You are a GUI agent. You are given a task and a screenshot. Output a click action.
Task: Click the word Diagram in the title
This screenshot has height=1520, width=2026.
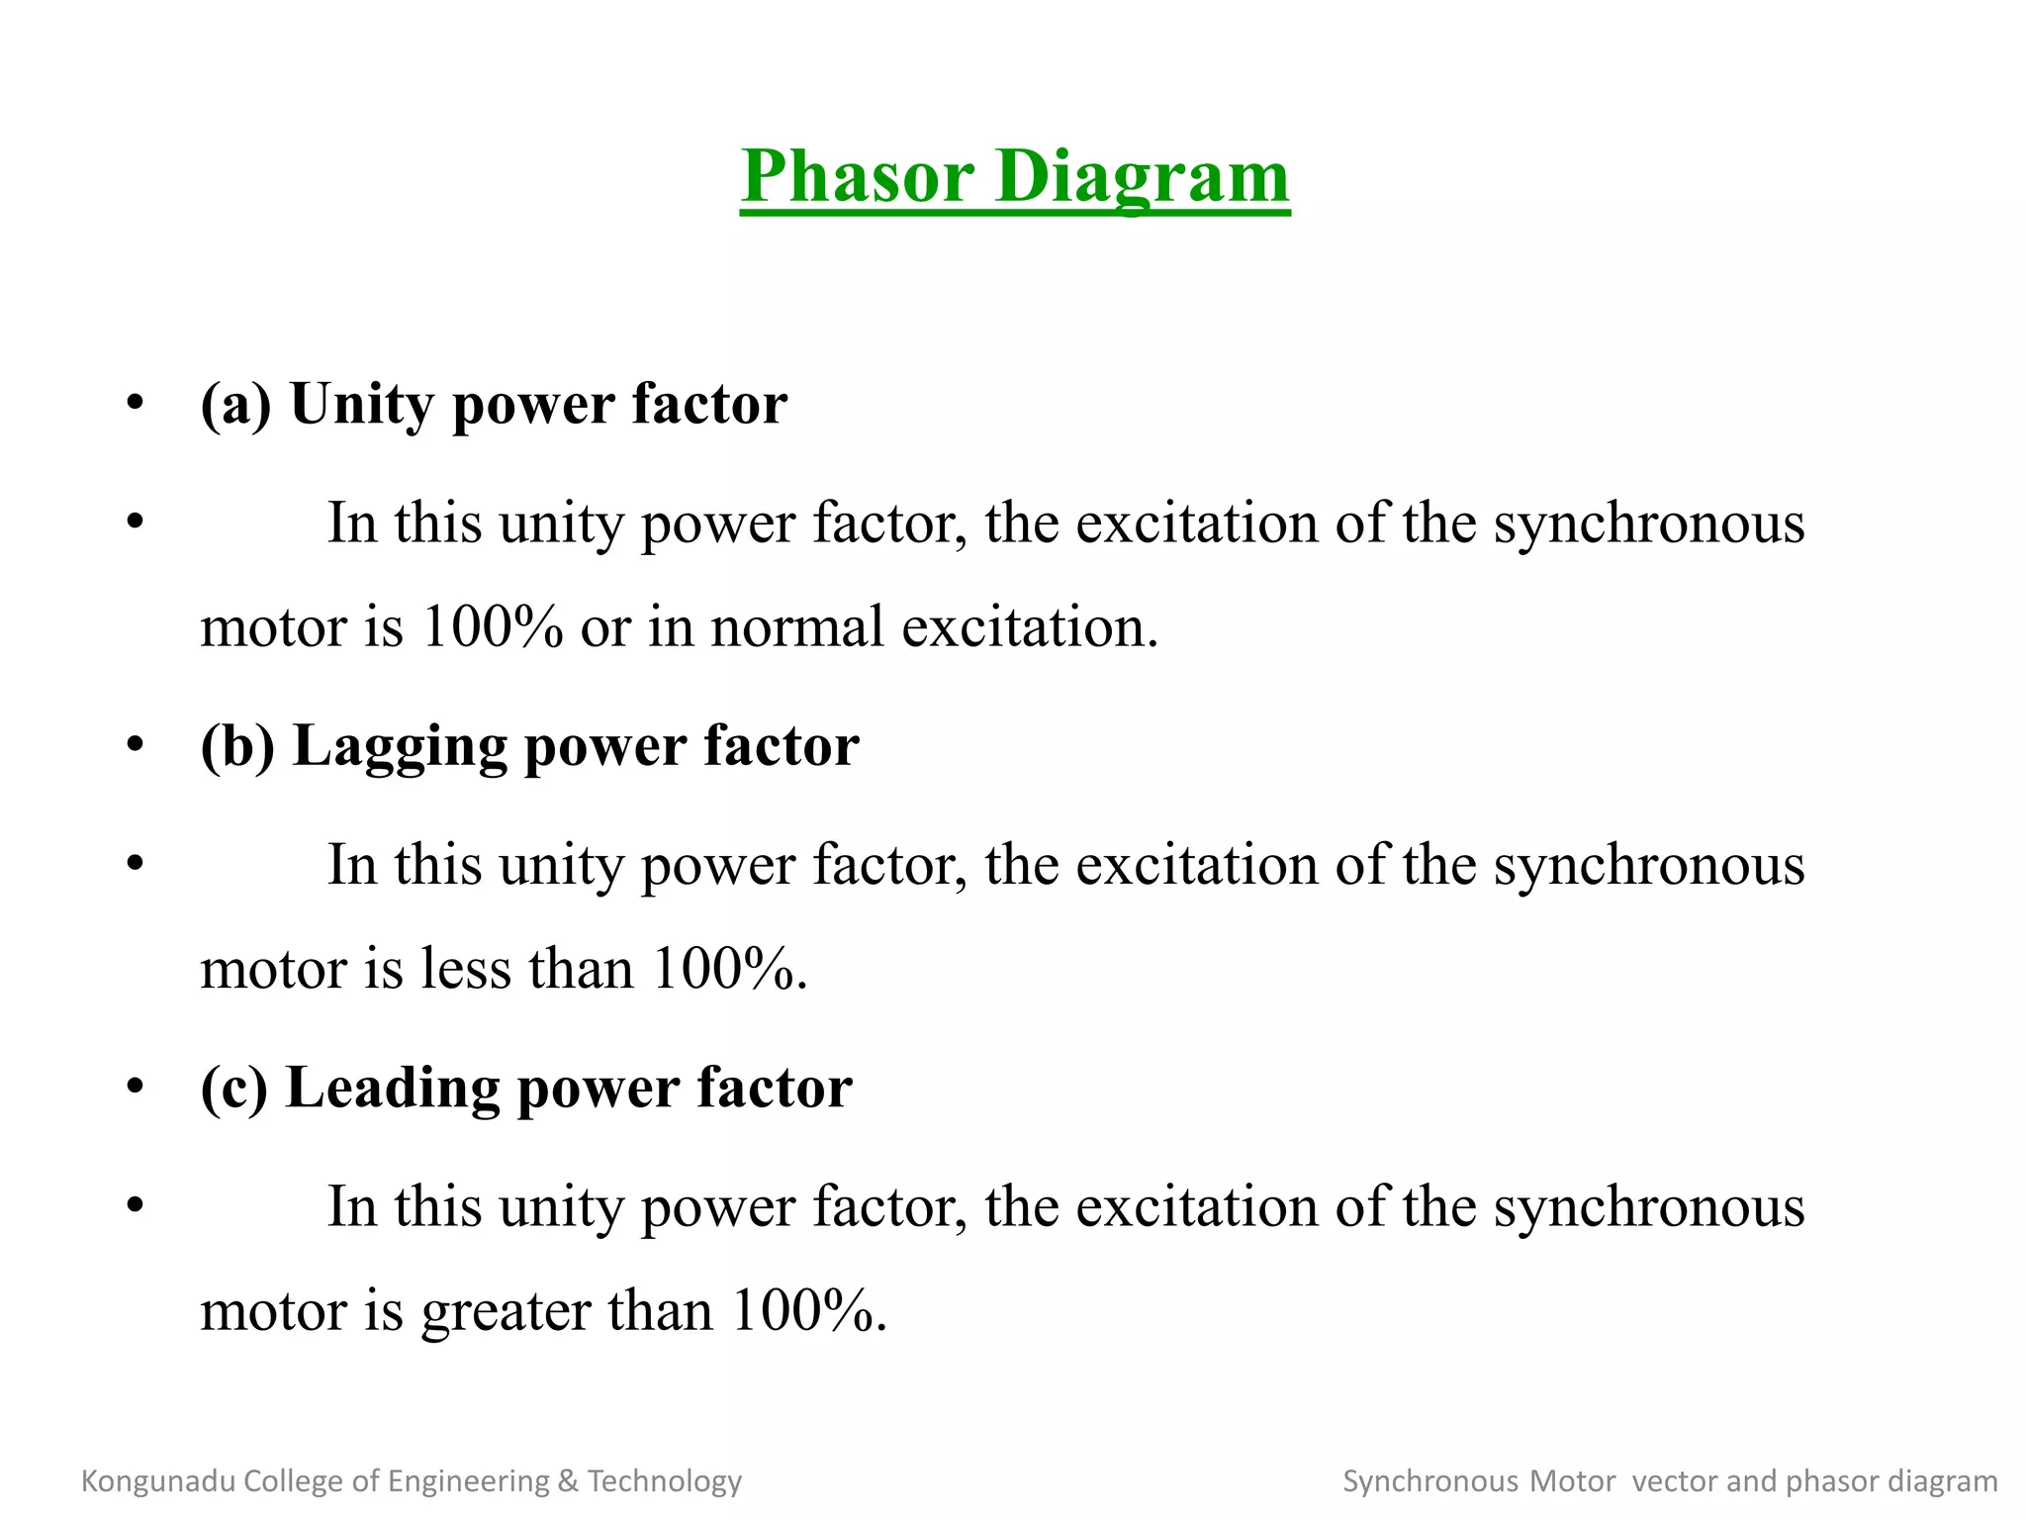coord(1142,177)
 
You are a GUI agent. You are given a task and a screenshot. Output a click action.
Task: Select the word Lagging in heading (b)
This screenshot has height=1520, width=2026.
coord(400,745)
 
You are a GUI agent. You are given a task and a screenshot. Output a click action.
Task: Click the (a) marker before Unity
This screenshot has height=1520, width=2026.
coord(235,404)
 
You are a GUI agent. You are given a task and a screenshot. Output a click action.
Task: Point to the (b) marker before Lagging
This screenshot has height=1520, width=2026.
coord(237,745)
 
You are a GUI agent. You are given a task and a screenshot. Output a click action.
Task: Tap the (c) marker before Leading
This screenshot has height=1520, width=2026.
coord(233,1088)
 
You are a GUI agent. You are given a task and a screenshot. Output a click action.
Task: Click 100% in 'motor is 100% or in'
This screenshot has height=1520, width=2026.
coord(492,626)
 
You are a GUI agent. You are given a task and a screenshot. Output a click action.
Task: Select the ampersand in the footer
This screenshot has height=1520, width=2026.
coord(567,1481)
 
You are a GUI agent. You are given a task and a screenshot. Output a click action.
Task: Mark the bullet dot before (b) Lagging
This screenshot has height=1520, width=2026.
coord(137,745)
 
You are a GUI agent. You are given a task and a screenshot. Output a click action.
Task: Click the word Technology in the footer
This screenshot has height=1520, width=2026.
coord(665,1481)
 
